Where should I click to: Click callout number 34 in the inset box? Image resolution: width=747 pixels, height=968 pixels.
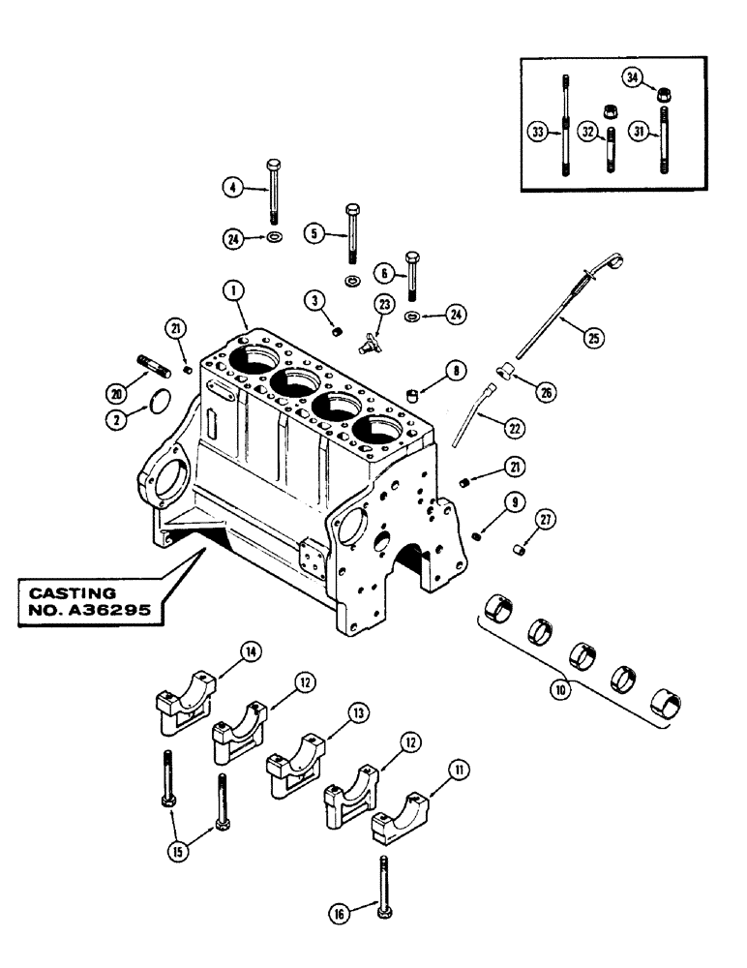click(633, 77)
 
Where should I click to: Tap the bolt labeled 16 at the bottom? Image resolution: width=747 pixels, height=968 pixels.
click(385, 885)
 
